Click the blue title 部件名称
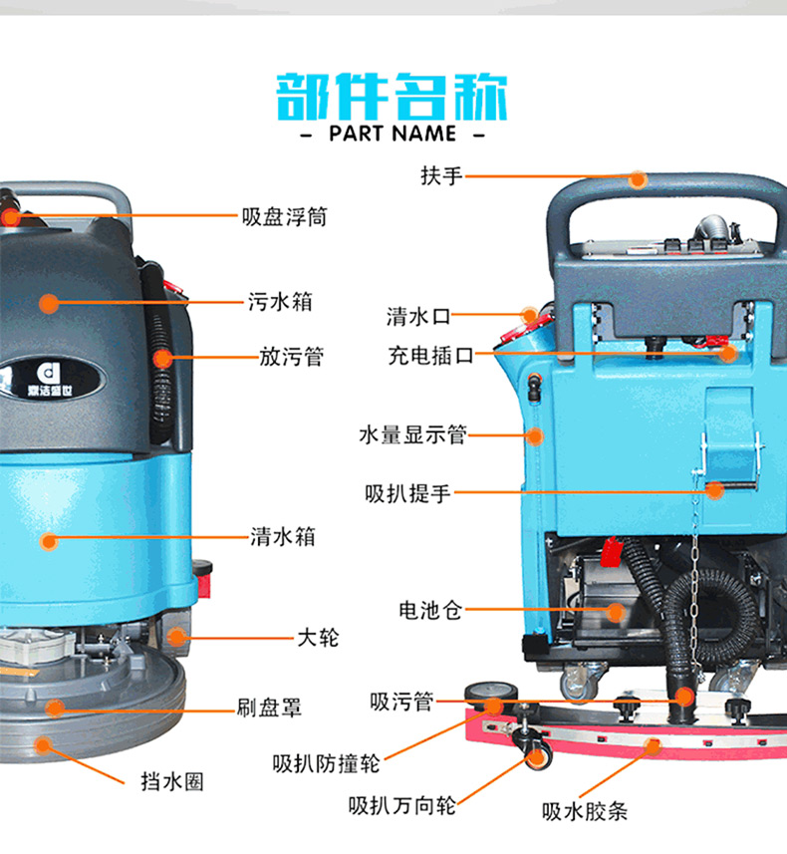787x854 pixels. (392, 97)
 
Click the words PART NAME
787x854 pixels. (393, 134)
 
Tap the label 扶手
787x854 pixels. (441, 176)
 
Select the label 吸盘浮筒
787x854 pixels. (284, 217)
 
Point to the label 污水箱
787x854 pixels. (280, 301)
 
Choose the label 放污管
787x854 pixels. (291, 357)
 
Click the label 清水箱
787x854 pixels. (283, 537)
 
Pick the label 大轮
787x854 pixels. (318, 637)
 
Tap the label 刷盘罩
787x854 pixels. (269, 708)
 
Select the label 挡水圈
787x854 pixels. (172, 781)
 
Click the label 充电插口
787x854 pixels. (430, 356)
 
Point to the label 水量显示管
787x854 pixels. (412, 435)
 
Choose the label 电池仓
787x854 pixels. (430, 610)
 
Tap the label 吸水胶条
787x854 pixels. (585, 811)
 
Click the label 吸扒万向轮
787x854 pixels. (401, 805)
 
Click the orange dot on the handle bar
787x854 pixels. (638, 179)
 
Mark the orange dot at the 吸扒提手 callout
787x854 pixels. (714, 490)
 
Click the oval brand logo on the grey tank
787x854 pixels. (52, 378)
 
